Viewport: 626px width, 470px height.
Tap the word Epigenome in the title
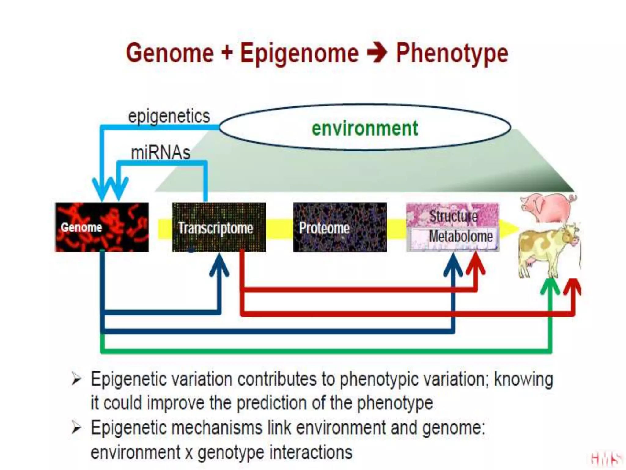coord(299,54)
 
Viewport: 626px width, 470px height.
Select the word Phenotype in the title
coord(452,54)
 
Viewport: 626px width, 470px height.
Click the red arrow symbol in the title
coord(377,53)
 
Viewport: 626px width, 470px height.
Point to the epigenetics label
coord(169,116)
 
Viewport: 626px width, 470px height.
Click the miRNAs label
coord(160,152)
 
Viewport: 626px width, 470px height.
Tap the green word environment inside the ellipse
coord(365,129)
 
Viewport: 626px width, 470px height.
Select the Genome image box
coord(102,227)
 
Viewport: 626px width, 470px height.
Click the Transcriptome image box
coord(219,227)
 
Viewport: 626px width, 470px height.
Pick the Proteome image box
coord(340,227)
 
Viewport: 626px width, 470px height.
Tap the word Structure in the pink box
coord(453,216)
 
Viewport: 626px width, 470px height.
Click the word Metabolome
coord(461,236)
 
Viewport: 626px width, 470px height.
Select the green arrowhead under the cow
coord(550,286)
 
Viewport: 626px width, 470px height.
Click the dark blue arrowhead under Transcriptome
coord(219,265)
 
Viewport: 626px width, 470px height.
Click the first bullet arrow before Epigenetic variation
coord(76,379)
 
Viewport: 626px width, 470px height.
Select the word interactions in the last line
coord(311,452)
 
